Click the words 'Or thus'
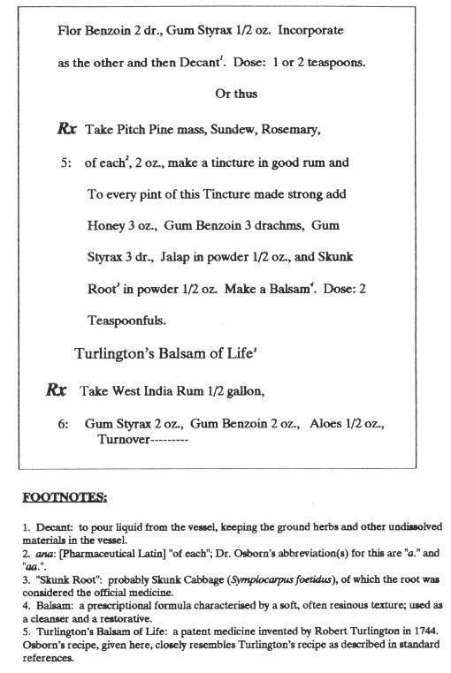pyautogui.click(x=234, y=94)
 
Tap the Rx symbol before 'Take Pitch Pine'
pyautogui.click(x=67, y=129)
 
